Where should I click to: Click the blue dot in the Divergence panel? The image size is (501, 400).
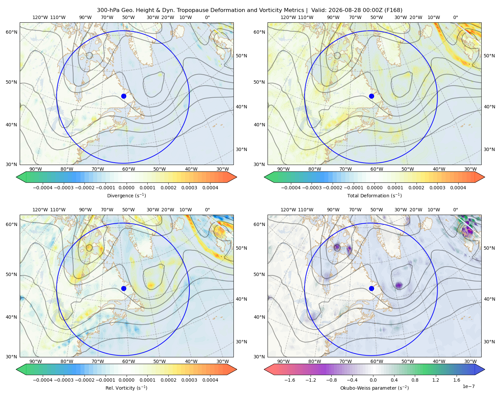[x=124, y=96]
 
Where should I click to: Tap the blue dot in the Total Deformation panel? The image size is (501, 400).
[x=371, y=96]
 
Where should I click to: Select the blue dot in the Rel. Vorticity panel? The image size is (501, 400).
[x=124, y=288]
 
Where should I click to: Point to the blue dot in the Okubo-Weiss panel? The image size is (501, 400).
[x=371, y=288]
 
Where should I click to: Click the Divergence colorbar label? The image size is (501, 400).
[x=126, y=195]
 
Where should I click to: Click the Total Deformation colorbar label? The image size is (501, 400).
[x=374, y=195]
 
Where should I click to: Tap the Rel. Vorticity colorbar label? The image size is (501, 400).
[x=126, y=388]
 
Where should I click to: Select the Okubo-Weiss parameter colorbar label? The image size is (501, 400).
[x=374, y=388]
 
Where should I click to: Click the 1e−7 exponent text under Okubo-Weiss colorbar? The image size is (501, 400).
[x=468, y=386]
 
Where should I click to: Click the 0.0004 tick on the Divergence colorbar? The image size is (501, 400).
[x=210, y=188]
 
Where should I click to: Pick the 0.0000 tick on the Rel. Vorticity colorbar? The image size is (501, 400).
[x=126, y=380]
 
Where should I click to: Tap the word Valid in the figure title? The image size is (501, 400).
[x=318, y=10]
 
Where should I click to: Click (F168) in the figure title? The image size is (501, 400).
[x=393, y=10]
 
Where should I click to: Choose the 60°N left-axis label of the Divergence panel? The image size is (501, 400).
[x=11, y=32]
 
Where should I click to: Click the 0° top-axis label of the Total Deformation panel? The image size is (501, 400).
[x=455, y=17]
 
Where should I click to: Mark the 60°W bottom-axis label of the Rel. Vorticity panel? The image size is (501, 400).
[x=129, y=361]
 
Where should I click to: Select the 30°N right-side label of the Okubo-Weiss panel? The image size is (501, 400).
[x=489, y=341]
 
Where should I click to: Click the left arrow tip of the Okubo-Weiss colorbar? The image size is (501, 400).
[x=264, y=369]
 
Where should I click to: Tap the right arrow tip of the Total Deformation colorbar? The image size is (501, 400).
[x=485, y=177]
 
